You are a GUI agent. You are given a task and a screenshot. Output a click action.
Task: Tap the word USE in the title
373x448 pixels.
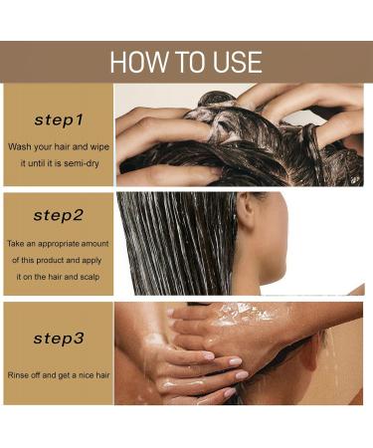[235, 62]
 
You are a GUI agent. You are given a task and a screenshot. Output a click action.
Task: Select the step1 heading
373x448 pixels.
[59, 120]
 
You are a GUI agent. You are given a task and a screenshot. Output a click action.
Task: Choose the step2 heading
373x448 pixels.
[59, 215]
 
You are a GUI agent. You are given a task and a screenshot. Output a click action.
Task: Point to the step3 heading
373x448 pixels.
[59, 338]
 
